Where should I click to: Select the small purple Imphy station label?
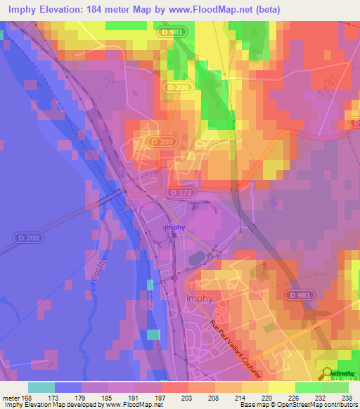174,228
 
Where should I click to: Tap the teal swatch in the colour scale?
41,387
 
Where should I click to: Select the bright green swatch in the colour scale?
308,387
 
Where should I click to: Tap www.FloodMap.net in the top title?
230,9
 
